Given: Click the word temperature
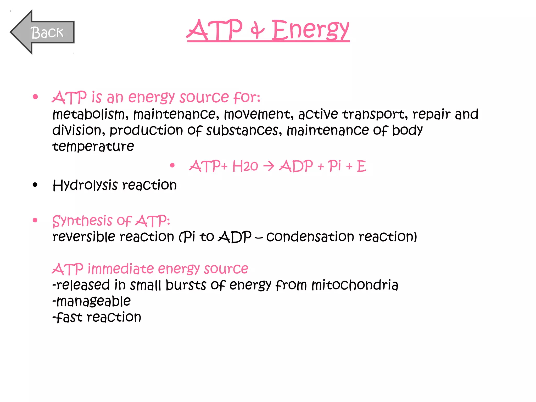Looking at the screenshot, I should pos(93,146).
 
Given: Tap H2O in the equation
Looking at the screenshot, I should pos(245,166).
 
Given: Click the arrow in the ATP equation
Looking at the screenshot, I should pos(269,166).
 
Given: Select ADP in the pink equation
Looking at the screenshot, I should pos(296,166).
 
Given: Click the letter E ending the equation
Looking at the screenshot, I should pos(361,166).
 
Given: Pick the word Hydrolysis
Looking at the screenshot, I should pos(85,186).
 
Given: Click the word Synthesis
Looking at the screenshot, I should pos(82,221).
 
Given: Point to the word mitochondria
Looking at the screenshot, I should pos(355,285).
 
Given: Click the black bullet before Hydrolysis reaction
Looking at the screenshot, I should pos(35,185).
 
